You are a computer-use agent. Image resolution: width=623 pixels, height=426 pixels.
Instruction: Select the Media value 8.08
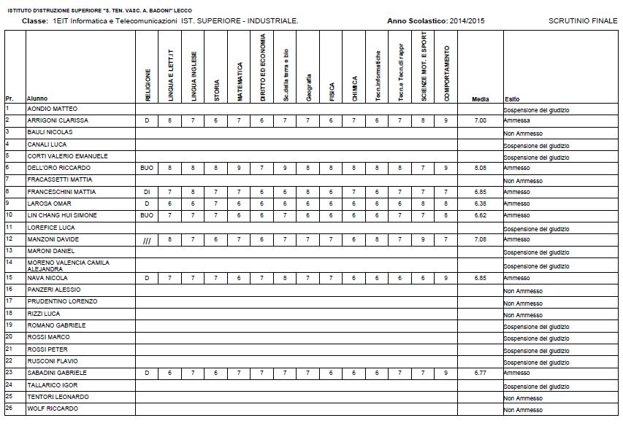click(480, 168)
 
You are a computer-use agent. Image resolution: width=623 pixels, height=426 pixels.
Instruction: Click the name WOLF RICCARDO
click(52, 408)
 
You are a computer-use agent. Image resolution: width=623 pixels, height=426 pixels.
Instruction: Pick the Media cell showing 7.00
click(480, 120)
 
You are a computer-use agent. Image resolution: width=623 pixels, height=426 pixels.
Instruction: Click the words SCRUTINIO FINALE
click(580, 21)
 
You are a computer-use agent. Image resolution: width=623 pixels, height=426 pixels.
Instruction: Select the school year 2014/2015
click(467, 21)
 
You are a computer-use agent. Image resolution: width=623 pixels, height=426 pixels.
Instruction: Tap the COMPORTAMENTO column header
click(447, 74)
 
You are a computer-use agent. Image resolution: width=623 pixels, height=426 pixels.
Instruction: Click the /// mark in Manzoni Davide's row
click(147, 240)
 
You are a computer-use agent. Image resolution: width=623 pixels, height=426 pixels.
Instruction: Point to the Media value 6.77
click(480, 373)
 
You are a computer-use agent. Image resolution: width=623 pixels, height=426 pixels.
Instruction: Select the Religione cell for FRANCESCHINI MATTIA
click(147, 192)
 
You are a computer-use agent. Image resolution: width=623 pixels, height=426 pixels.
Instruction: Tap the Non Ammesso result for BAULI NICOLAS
click(522, 134)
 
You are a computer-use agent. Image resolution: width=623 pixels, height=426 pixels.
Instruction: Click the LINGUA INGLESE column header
click(194, 76)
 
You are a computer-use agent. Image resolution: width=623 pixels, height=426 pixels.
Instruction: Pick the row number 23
click(9, 372)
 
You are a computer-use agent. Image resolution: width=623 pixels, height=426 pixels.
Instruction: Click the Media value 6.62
click(480, 216)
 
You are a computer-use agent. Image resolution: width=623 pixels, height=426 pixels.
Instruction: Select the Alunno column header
click(37, 98)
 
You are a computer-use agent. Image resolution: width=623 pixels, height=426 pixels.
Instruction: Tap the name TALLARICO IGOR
click(52, 384)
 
